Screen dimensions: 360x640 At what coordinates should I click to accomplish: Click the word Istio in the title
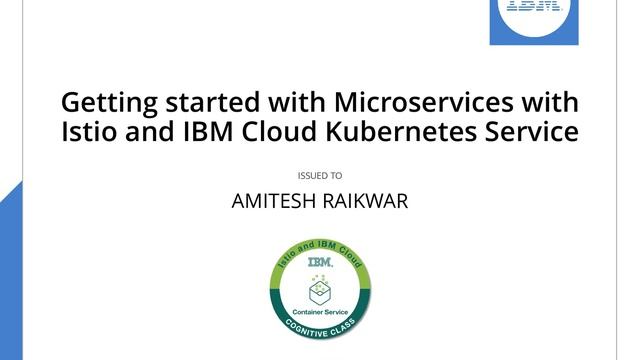point(89,131)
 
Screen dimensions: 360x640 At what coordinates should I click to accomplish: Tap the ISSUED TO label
point(320,175)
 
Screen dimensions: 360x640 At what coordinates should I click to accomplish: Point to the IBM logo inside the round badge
point(320,263)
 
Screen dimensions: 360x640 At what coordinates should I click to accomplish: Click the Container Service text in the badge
point(320,309)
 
